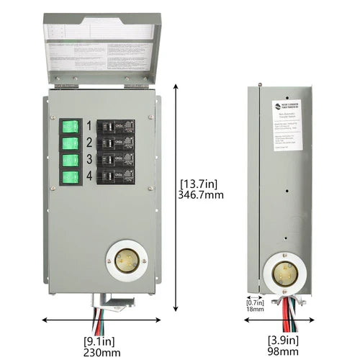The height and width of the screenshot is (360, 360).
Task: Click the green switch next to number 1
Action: pyautogui.click(x=70, y=127)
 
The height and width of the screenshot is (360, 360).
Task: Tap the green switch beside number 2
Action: pyautogui.click(x=70, y=144)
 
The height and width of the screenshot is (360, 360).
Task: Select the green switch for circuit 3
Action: pyautogui.click(x=70, y=160)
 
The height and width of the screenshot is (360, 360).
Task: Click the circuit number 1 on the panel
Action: pyautogui.click(x=90, y=126)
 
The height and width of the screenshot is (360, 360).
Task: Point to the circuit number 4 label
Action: pyautogui.click(x=90, y=176)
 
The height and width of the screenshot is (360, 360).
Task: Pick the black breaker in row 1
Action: pyautogui.click(x=115, y=127)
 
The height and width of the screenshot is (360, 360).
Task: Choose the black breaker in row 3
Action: pyautogui.click(x=115, y=159)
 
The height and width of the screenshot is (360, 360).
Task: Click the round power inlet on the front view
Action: pyautogui.click(x=125, y=258)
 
